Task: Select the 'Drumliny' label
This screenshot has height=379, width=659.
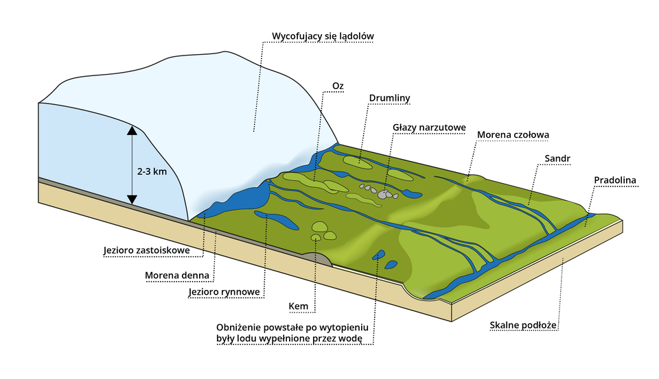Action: [x=389, y=98]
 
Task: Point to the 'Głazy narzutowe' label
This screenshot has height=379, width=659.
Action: [x=429, y=127]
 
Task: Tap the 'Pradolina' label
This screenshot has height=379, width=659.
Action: [x=616, y=180]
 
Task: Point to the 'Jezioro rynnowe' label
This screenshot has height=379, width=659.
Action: [x=224, y=293]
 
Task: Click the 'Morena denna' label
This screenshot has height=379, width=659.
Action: [x=176, y=276]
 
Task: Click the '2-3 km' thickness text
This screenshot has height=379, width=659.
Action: [x=152, y=172]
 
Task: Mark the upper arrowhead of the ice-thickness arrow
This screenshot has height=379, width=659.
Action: [x=132, y=130]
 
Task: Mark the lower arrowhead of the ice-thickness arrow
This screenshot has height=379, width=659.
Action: [x=132, y=199]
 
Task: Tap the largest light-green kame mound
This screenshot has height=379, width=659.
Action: [x=320, y=227]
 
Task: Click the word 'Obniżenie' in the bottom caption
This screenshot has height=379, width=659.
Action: [x=240, y=326]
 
